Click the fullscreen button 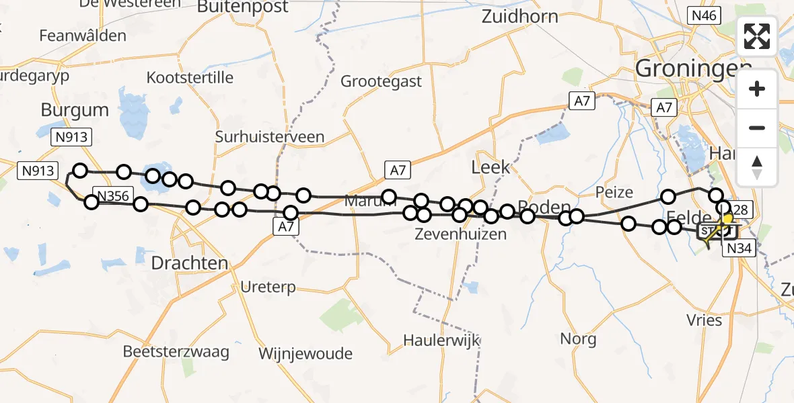(x=757, y=36)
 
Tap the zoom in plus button (x=757, y=89)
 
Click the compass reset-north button (x=757, y=167)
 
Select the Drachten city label (x=190, y=263)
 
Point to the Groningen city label (x=693, y=68)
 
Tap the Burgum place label (x=75, y=109)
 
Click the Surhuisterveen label (x=269, y=137)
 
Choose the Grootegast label (x=381, y=81)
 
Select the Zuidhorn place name (x=519, y=17)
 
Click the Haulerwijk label (x=441, y=340)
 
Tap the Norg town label (x=578, y=339)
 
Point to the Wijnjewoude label (x=305, y=353)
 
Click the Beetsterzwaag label (x=176, y=351)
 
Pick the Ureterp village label (x=268, y=287)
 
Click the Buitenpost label (x=244, y=7)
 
